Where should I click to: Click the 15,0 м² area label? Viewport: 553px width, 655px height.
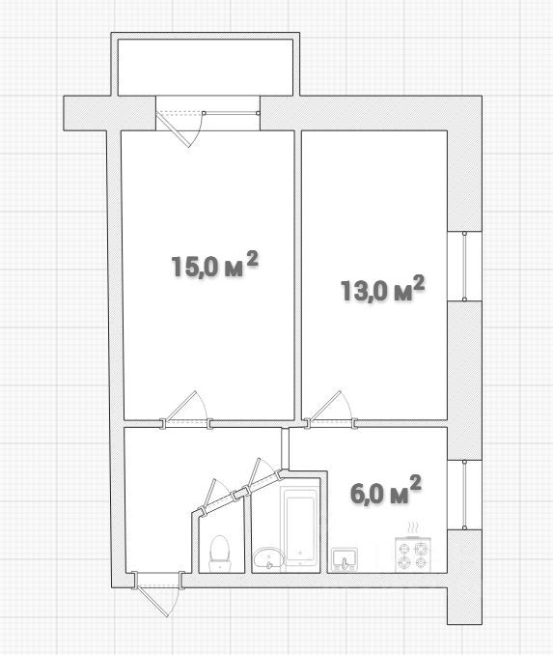pos(214,265)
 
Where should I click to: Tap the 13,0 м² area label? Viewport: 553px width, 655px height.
pos(383,289)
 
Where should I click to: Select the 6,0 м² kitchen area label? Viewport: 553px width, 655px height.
pos(386,490)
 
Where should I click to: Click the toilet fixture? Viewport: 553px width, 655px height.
pos(219,553)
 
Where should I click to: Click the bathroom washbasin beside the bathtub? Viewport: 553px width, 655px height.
pos(268,557)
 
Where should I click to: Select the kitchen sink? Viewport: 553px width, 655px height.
pos(344,559)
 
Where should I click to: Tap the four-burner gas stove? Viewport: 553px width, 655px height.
pos(412,554)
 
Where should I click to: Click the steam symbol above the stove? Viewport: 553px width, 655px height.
pos(413,527)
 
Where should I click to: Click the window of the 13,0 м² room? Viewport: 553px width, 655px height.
pos(464,266)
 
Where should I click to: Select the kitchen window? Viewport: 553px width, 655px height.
pos(464,495)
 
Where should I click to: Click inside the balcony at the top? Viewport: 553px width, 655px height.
pos(206,68)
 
